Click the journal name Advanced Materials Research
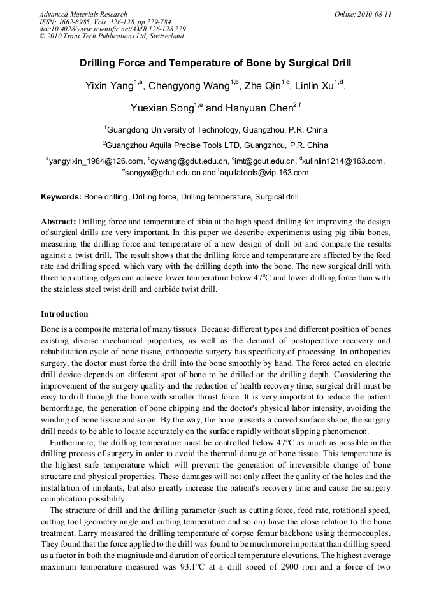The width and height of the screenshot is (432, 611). pyautogui.click(x=83, y=14)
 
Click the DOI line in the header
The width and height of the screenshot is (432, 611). pyautogui.click(x=112, y=29)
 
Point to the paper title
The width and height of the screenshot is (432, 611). pyautogui.click(x=215, y=64)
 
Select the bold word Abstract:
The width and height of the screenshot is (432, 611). pyautogui.click(x=59, y=221)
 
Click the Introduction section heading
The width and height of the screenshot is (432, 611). pyautogui.click(x=64, y=314)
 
